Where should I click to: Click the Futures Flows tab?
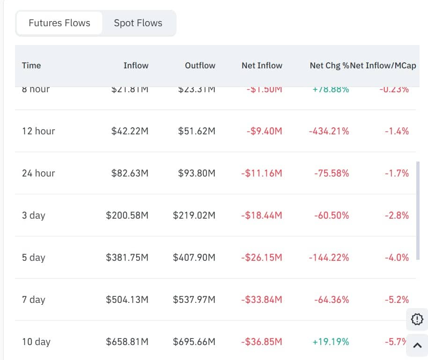59,23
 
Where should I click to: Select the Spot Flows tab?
138,23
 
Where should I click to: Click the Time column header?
31,66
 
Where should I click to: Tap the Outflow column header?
200,66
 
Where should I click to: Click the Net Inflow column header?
262,66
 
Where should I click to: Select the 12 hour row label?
38,131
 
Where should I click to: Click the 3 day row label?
34,215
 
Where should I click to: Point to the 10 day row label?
36,342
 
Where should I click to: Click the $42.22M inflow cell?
130,131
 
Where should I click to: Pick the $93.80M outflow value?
197,173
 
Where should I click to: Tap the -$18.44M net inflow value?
262,215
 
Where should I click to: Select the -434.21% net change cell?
329,131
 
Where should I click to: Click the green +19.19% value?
331,342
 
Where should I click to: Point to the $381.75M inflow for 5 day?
127,257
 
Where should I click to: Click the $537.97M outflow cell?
194,300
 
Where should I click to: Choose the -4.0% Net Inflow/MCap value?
397,257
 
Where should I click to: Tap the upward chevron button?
417,346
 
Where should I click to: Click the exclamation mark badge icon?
417,319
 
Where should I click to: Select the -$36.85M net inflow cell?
262,342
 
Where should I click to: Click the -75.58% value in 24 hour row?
332,173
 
